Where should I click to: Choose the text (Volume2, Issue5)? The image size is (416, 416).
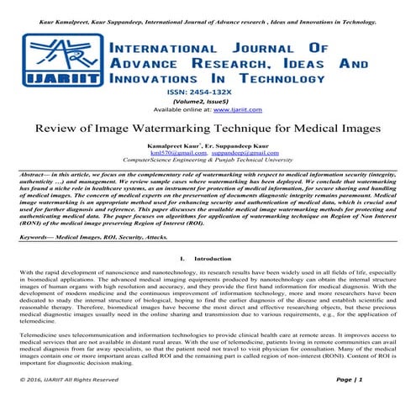[x=208, y=100]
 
